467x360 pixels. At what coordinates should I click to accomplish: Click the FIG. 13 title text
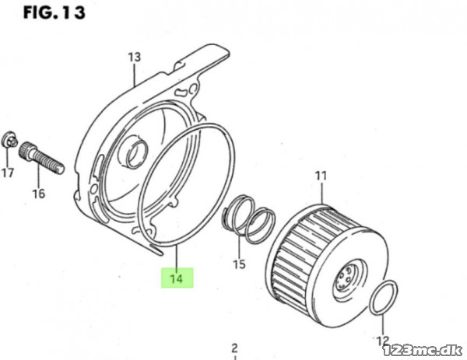[54, 12]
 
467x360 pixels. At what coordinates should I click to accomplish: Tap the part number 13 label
[135, 57]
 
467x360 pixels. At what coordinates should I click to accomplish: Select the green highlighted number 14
[177, 278]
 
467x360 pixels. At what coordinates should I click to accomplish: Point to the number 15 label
[239, 264]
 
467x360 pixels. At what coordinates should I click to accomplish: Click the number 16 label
[39, 194]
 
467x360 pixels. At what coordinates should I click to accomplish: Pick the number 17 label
[8, 173]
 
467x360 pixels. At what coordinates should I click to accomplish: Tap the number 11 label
[321, 176]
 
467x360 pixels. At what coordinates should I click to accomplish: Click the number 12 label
[383, 341]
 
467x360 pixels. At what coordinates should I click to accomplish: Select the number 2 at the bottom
[235, 348]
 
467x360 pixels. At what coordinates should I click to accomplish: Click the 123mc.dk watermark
[423, 351]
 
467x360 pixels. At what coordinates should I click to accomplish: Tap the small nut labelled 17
[9, 140]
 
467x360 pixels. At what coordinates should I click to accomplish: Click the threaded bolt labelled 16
[41, 158]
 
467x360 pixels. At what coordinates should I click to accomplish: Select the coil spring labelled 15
[249, 219]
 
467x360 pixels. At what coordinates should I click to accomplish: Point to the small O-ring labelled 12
[383, 297]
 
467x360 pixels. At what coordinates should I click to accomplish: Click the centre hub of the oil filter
[346, 280]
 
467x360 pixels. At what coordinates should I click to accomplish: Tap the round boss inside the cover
[136, 154]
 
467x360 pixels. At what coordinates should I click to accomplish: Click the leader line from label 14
[177, 257]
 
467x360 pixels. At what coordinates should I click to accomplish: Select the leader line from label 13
[135, 75]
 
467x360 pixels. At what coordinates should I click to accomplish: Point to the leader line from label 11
[321, 193]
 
